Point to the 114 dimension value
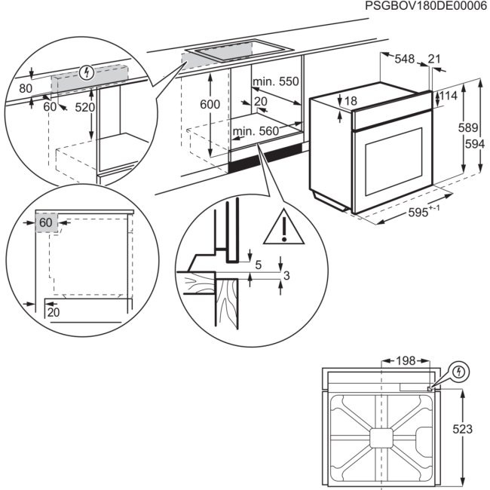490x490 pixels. (x=449, y=96)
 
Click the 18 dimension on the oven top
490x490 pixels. (x=351, y=101)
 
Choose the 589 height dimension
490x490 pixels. (x=468, y=128)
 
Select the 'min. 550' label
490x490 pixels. (x=276, y=81)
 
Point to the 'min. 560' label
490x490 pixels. (x=256, y=131)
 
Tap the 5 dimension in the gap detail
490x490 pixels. (x=258, y=265)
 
